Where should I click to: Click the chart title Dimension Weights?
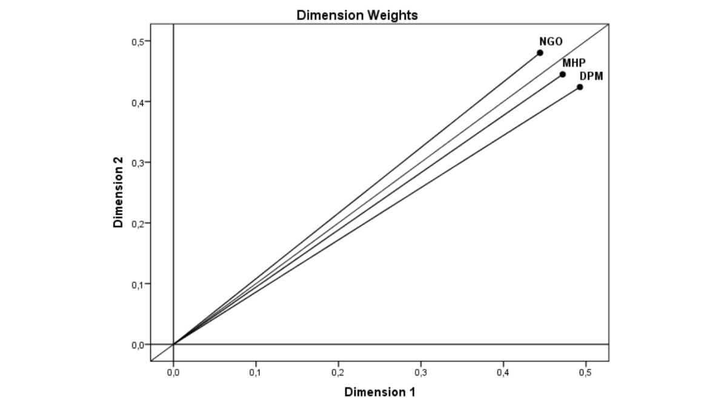click(x=357, y=16)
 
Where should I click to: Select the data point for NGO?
click(x=540, y=53)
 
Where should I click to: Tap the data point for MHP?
click(x=562, y=75)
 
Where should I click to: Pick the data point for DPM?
click(x=580, y=87)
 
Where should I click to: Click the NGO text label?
click(x=551, y=42)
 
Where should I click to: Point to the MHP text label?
click(x=574, y=63)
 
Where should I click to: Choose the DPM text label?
click(x=591, y=76)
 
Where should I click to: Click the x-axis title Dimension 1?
click(x=380, y=392)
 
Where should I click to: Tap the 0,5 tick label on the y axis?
click(x=137, y=41)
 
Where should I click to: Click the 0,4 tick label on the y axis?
click(x=137, y=102)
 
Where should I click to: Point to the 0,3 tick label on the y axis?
click(x=137, y=162)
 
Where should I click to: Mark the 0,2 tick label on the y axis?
click(x=137, y=223)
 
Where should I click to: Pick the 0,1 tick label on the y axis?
click(x=137, y=284)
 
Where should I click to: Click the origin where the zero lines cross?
click(x=173, y=344)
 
